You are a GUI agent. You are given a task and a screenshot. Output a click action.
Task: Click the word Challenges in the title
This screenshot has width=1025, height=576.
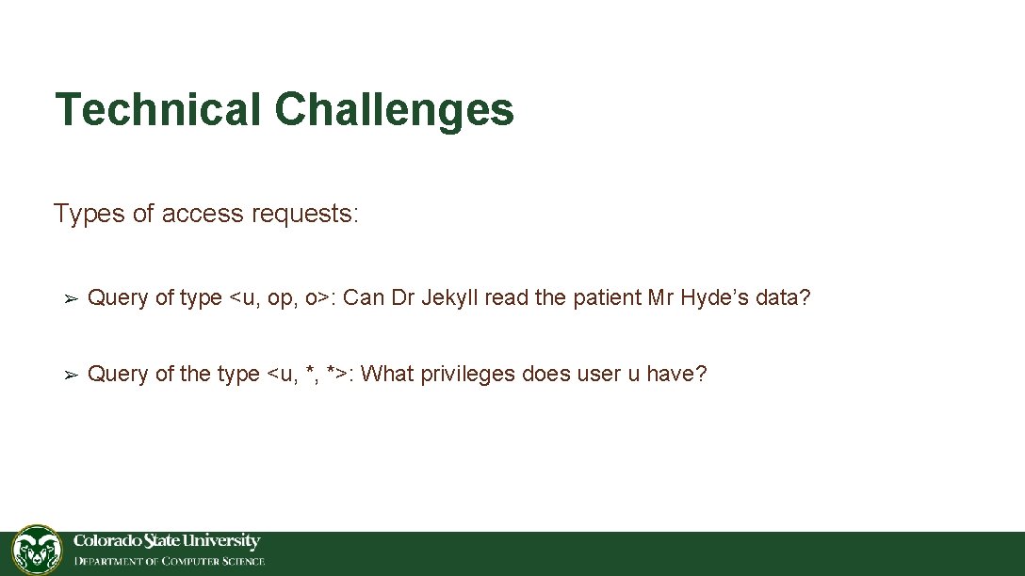pyautogui.click(x=394, y=109)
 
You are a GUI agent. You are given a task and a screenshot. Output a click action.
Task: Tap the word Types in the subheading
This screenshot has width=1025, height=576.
pyautogui.click(x=89, y=214)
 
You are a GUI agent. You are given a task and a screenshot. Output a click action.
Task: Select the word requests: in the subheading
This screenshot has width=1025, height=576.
pyautogui.click(x=305, y=214)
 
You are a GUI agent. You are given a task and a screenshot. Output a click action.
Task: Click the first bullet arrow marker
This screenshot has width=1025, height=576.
pyautogui.click(x=69, y=299)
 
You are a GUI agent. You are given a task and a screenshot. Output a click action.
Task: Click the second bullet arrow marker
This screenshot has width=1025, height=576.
pyautogui.click(x=69, y=375)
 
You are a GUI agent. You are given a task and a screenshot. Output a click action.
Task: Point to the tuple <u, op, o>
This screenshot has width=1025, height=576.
pyautogui.click(x=281, y=298)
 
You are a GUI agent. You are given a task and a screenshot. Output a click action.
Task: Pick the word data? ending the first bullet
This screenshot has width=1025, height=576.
pyautogui.click(x=788, y=298)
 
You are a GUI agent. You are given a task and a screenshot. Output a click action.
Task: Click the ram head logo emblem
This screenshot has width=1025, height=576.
pyautogui.click(x=37, y=550)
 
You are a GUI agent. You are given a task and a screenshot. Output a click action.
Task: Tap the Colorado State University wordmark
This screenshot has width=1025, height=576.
pyautogui.click(x=167, y=541)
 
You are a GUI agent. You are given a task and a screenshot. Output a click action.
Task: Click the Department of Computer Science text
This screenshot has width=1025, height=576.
pyautogui.click(x=170, y=562)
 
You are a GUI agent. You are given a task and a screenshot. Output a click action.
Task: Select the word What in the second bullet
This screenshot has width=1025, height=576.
pyautogui.click(x=386, y=374)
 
